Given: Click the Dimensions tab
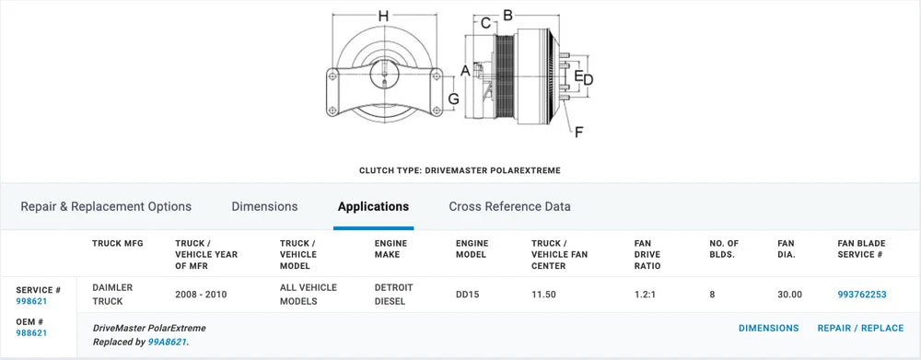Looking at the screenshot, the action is (x=264, y=207).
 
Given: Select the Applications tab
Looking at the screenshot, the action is (x=373, y=207).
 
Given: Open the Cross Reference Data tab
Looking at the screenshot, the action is (x=510, y=207).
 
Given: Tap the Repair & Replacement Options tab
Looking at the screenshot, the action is (x=106, y=207).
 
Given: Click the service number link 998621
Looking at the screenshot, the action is (x=31, y=301).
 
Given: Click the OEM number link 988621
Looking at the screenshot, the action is (x=31, y=333).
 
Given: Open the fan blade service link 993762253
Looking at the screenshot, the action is (x=862, y=295).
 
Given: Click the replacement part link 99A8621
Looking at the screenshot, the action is (x=168, y=342).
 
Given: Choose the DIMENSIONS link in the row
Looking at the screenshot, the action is (x=768, y=329).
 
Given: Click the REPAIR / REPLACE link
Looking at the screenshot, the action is (x=860, y=329).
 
